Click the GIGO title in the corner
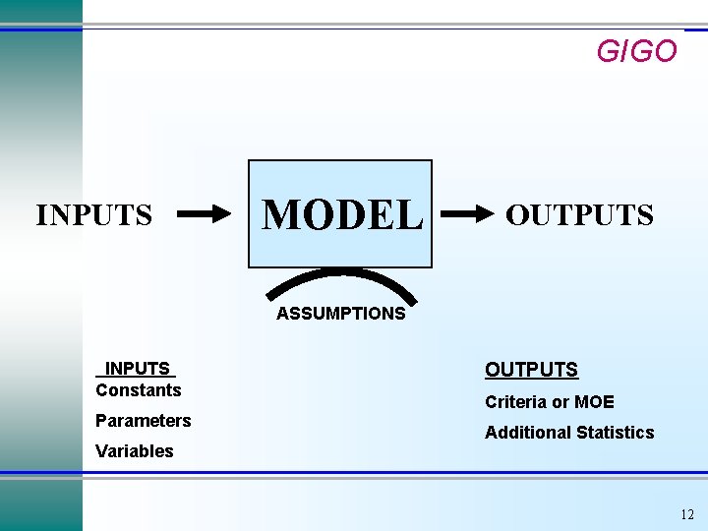[x=636, y=51]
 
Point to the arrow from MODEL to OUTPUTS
[x=466, y=213]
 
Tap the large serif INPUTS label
[x=94, y=214]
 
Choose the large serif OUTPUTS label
[x=579, y=214]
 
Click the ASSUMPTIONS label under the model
[x=340, y=314]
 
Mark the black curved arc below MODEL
[x=340, y=276]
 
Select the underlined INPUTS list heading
[x=137, y=369]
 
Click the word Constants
[x=139, y=390]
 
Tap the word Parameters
[x=144, y=421]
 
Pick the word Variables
[x=135, y=451]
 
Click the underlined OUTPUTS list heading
[x=531, y=370]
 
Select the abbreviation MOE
[x=595, y=401]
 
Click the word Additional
[x=525, y=432]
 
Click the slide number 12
[x=686, y=514]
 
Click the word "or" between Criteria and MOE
[x=560, y=402]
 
